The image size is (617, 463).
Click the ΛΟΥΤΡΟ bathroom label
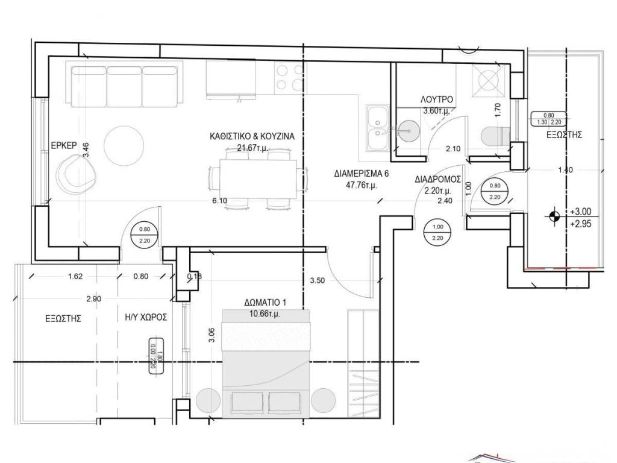pos(436,99)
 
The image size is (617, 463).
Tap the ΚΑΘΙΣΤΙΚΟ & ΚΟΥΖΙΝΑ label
pos(252,137)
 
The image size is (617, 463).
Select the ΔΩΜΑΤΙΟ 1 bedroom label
pos(265,303)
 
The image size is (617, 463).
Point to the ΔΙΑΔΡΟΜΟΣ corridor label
pos(437,180)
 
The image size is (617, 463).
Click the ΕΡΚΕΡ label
pos(64,145)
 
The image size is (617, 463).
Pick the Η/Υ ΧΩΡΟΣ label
pos(146,317)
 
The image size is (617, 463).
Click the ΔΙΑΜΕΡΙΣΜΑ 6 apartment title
pos(362,174)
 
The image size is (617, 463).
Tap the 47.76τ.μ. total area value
pos(362,186)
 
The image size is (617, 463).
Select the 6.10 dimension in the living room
pos(219,201)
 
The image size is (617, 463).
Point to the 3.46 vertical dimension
pos(86,150)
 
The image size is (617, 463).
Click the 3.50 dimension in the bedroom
pos(318,281)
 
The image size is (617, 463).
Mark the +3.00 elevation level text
pos(580,212)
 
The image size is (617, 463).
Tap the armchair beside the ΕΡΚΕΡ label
pos(75,174)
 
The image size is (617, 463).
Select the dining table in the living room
pos(258,179)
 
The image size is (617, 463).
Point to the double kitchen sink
pos(377,128)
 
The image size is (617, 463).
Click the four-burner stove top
pos(290,77)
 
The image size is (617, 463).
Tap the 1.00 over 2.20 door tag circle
pos(437,232)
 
